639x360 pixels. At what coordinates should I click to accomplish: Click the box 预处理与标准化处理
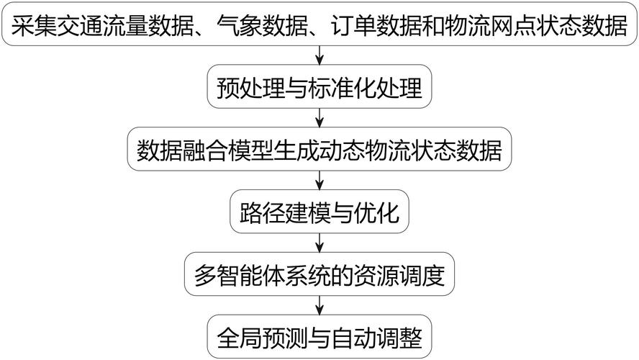[x=319, y=86]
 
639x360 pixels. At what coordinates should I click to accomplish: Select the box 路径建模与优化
[x=319, y=212]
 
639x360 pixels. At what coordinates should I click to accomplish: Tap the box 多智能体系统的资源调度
[x=319, y=274]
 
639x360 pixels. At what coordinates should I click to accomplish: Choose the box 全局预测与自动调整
[x=319, y=337]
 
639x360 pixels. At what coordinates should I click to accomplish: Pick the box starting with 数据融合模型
[x=319, y=149]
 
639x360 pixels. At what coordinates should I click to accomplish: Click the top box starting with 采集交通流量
[x=319, y=24]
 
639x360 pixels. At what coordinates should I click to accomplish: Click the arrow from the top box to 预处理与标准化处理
[x=319, y=55]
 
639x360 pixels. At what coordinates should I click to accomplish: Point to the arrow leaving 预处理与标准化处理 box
[x=319, y=118]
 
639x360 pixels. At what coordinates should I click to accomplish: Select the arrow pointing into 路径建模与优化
[x=319, y=180]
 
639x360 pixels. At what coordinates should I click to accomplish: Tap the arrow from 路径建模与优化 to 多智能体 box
[x=319, y=243]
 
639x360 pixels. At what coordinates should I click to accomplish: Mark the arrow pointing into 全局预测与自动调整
[x=319, y=305]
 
